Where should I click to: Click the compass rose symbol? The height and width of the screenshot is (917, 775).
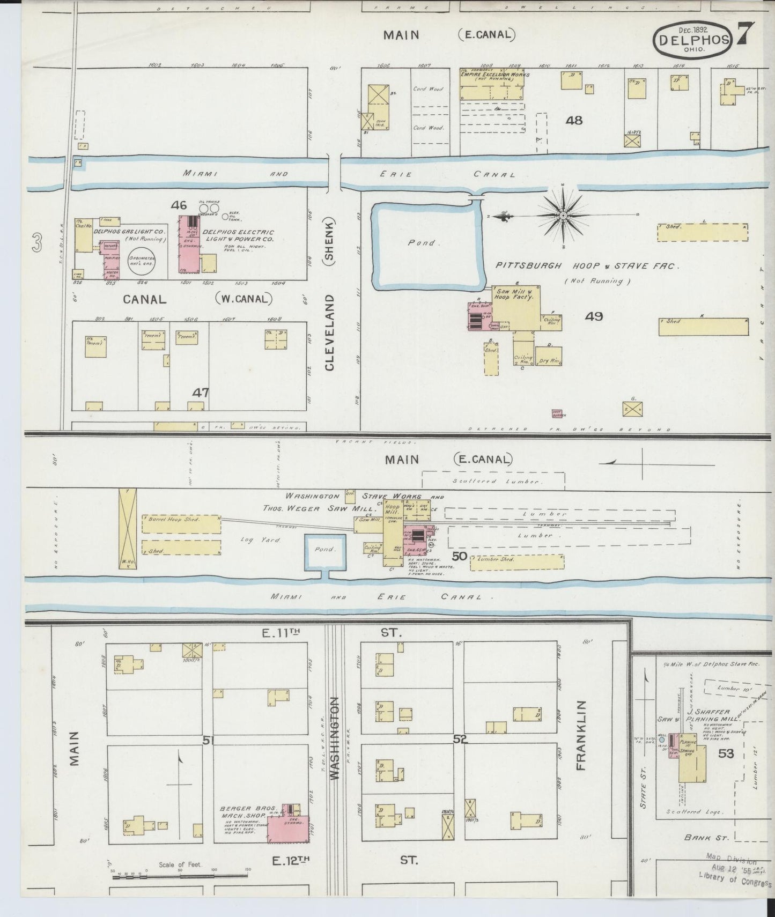tap(563, 216)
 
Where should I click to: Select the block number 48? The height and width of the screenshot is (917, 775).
tap(574, 121)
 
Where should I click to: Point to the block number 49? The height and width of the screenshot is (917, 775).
tap(594, 316)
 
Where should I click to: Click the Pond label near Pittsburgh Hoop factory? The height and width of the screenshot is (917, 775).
tap(422, 243)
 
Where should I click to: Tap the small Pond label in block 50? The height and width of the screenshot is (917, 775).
tap(324, 549)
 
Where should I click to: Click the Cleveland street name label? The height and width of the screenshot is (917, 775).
tap(329, 332)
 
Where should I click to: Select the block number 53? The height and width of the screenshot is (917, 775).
tap(726, 753)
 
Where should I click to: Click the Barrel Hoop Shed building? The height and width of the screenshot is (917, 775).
tap(181, 523)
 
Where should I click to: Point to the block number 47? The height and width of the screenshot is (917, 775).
tap(201, 393)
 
